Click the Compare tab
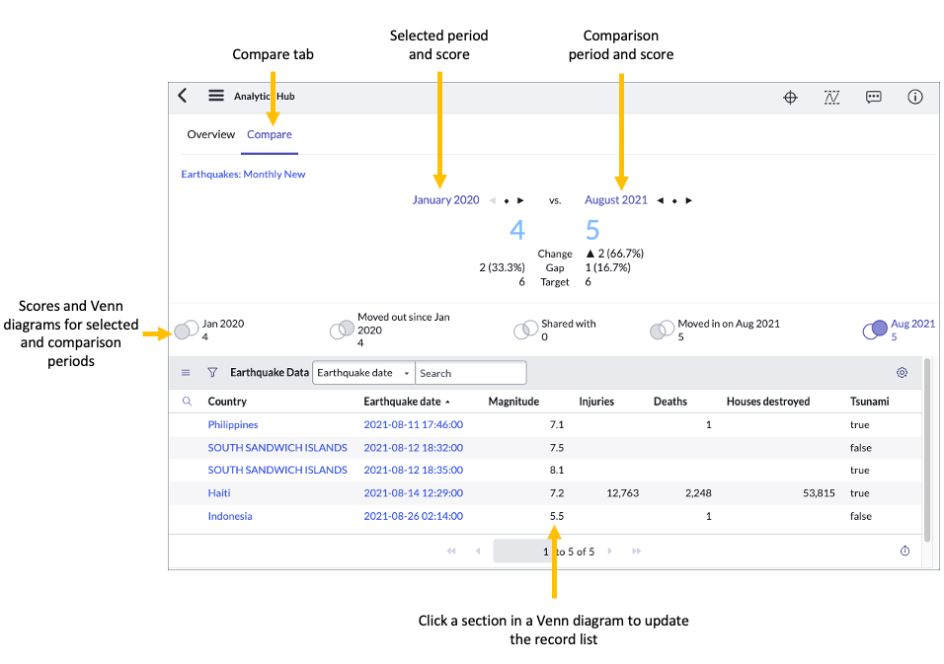pos(270,134)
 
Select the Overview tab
pos(210,134)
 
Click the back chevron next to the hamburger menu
pos(183,96)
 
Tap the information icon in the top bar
pos(914,97)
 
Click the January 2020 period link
pos(445,200)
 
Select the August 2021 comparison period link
pos(615,200)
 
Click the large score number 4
pos(517,231)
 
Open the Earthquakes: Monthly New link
pos(243,175)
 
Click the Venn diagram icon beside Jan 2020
pos(186,330)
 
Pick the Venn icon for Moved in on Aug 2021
pos(661,331)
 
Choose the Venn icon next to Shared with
pos(525,331)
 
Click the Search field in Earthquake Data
pos(470,373)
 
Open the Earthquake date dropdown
pos(363,373)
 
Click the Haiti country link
pos(219,493)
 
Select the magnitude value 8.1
pos(556,471)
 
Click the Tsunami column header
pos(869,402)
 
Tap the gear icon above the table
pos(902,373)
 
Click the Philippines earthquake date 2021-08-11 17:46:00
pos(413,425)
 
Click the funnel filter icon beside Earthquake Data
pos(212,373)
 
